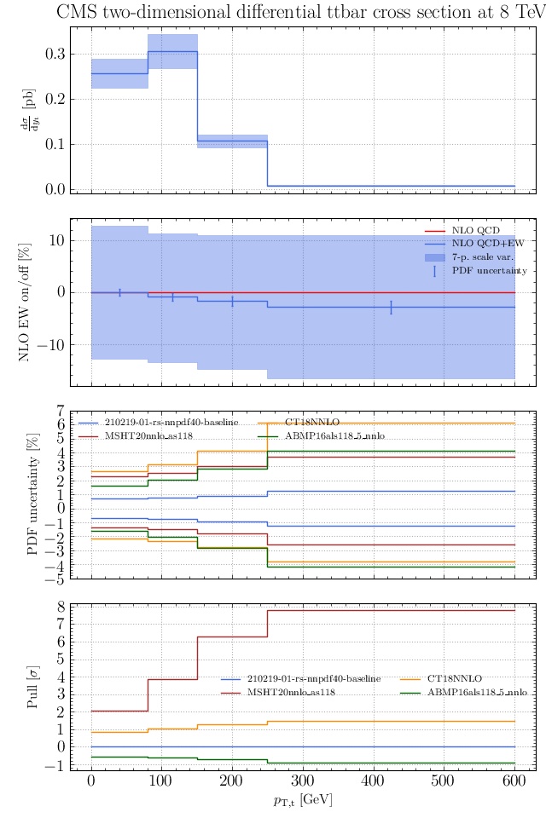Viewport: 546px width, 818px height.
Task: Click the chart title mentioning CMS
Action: click(299, 12)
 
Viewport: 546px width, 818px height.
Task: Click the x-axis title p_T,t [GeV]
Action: click(303, 800)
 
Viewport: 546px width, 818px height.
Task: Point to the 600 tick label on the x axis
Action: click(514, 781)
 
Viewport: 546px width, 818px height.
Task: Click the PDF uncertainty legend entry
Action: click(489, 271)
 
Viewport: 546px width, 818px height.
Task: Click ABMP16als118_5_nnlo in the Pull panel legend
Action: click(477, 693)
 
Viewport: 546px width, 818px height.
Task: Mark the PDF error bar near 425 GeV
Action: click(391, 308)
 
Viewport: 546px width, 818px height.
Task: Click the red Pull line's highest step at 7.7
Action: click(391, 610)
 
